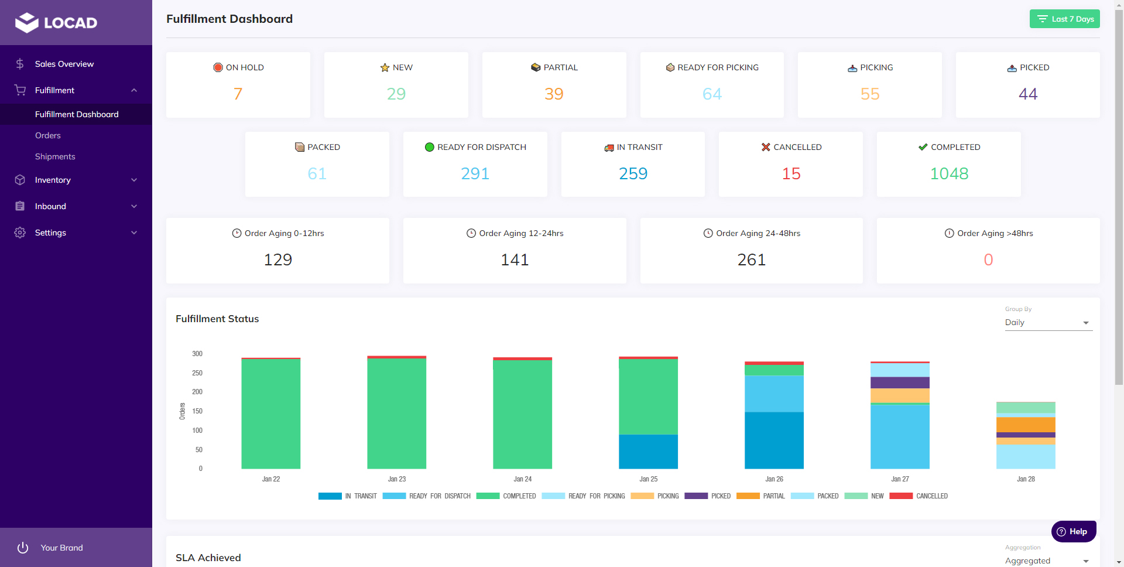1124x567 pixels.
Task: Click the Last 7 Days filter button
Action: pyautogui.click(x=1064, y=19)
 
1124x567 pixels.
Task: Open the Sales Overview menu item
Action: pyautogui.click(x=64, y=64)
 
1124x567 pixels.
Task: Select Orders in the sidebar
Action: pyautogui.click(x=48, y=135)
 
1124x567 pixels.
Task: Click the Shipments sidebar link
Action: pyautogui.click(x=55, y=156)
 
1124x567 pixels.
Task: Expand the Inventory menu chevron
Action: pyautogui.click(x=134, y=180)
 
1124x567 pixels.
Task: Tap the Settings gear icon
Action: pyautogui.click(x=20, y=233)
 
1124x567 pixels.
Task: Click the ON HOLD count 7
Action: pyautogui.click(x=238, y=94)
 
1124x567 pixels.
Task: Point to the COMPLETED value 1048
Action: pyautogui.click(x=949, y=173)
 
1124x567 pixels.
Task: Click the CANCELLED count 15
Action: pyautogui.click(x=791, y=173)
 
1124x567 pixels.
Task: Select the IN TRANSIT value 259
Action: pyautogui.click(x=633, y=173)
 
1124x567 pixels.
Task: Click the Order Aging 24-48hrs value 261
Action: pyautogui.click(x=751, y=259)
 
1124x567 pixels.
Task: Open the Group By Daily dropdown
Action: pyautogui.click(x=1048, y=323)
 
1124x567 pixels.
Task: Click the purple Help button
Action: pyautogui.click(x=1073, y=531)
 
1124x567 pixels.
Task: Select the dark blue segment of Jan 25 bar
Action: pyautogui.click(x=648, y=451)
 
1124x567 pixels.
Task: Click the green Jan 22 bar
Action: pyautogui.click(x=270, y=414)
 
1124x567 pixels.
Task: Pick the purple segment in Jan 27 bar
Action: pyautogui.click(x=900, y=382)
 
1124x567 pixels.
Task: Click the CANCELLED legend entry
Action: pyautogui.click(x=919, y=496)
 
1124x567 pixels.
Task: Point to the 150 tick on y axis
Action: pyautogui.click(x=197, y=411)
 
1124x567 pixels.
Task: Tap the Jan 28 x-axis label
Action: pyautogui.click(x=1026, y=479)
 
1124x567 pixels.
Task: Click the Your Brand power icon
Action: pyautogui.click(x=23, y=548)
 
